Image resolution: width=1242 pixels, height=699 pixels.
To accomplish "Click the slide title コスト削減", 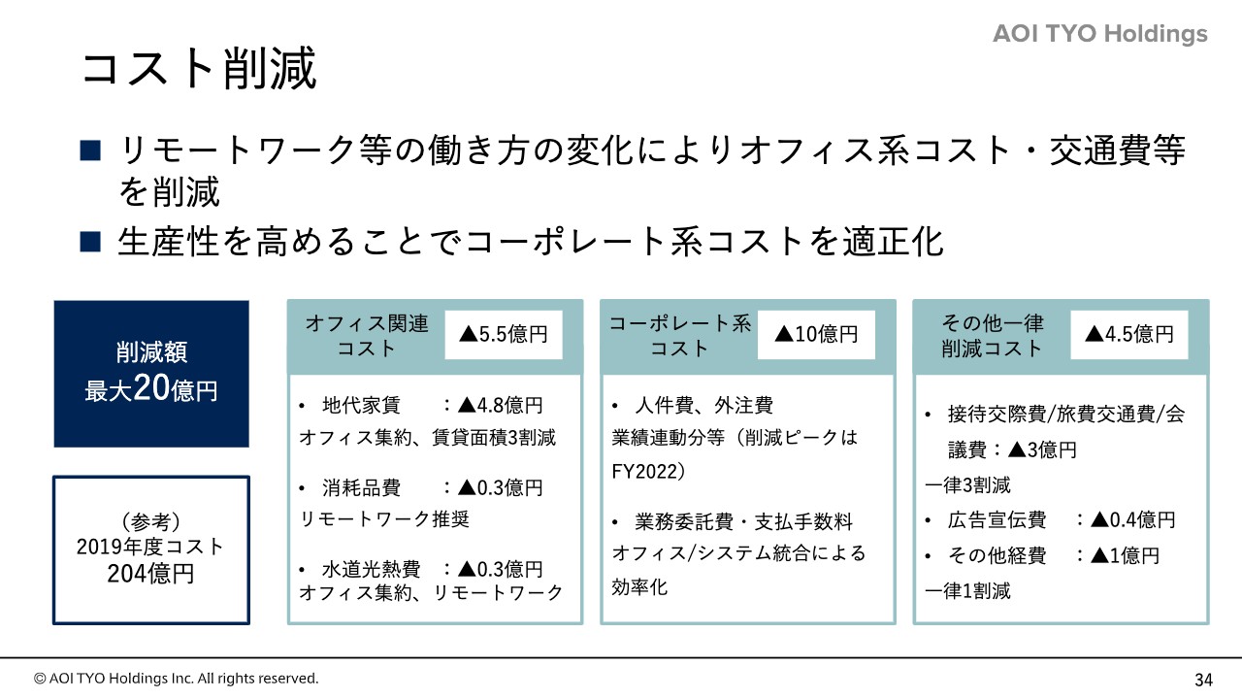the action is [x=199, y=68].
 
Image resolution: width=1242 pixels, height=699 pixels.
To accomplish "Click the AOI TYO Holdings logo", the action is [x=1100, y=34].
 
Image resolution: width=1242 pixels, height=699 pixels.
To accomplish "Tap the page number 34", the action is [x=1204, y=680].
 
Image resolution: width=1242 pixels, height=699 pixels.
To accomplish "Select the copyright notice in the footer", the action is [x=176, y=679].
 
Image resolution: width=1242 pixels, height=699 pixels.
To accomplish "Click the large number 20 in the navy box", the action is [x=150, y=387].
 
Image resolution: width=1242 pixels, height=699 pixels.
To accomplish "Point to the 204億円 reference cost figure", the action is [x=150, y=574].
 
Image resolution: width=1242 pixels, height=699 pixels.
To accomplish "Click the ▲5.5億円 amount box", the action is [x=504, y=335].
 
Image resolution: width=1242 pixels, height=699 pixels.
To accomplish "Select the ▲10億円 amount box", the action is [x=816, y=335].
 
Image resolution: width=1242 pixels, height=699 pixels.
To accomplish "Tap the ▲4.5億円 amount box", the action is [x=1128, y=335].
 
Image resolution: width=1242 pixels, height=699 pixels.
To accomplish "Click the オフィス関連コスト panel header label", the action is [x=367, y=336].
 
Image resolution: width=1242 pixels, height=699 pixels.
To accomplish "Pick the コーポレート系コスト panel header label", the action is [x=680, y=336].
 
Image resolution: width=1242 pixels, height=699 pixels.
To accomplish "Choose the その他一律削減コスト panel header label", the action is [x=992, y=336].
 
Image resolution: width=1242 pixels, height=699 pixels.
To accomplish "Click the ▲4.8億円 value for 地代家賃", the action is [x=500, y=406].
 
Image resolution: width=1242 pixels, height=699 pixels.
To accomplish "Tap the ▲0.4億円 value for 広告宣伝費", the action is [x=1132, y=519].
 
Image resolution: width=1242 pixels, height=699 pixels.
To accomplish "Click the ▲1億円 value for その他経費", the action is [x=1125, y=555].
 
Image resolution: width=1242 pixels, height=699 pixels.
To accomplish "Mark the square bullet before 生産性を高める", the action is [x=90, y=242].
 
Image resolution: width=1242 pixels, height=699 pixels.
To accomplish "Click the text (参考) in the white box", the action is [x=150, y=521].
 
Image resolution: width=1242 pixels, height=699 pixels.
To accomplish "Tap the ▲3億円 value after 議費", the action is [x=1042, y=449].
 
